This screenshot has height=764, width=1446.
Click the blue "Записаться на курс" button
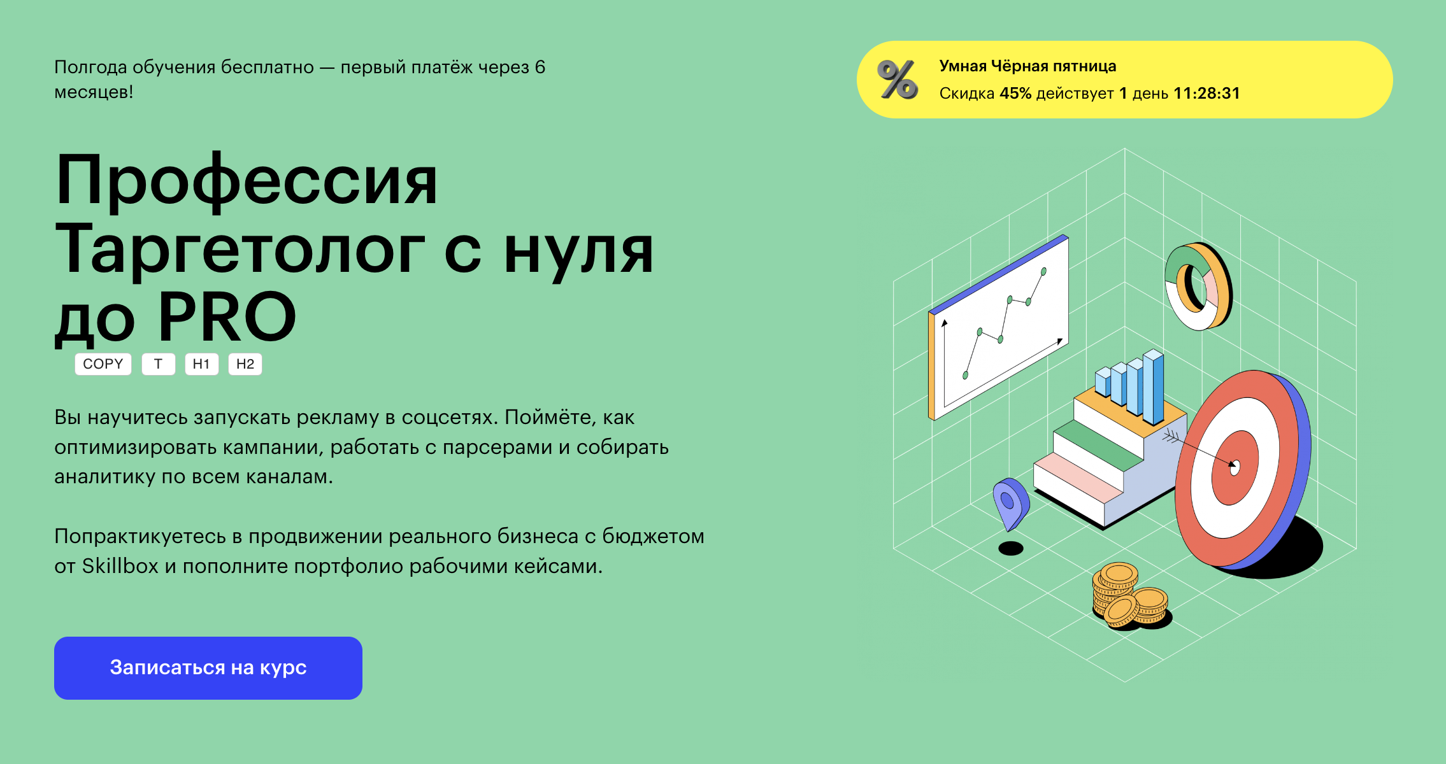click(x=208, y=668)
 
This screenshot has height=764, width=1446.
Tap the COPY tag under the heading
click(x=103, y=364)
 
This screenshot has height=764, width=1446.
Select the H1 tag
click(x=201, y=364)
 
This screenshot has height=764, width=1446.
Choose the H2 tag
click(x=245, y=364)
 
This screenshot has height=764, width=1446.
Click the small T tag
click(x=158, y=364)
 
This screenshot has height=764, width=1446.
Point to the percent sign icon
click(x=898, y=80)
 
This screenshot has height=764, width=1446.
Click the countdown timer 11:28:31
click(x=1207, y=94)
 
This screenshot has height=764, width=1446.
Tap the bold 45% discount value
click(x=1015, y=94)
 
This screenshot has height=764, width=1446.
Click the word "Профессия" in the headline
click(x=247, y=181)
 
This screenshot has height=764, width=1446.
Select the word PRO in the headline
click(x=227, y=316)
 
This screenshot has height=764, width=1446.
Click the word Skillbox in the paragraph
click(x=120, y=566)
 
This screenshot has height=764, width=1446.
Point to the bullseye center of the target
click(x=1235, y=467)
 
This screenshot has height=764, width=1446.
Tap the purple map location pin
click(x=1010, y=503)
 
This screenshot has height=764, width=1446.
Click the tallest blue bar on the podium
click(x=1154, y=386)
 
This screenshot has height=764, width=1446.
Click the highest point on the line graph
click(x=1043, y=272)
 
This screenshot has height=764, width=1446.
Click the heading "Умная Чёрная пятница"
click(x=1027, y=66)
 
